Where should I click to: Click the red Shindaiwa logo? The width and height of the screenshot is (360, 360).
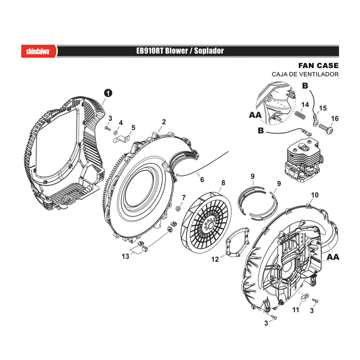click(39, 51)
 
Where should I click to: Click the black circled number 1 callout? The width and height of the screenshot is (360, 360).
click(108, 93)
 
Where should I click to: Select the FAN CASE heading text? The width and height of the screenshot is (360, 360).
click(319, 66)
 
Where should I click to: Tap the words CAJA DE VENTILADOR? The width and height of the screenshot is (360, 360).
click(305, 74)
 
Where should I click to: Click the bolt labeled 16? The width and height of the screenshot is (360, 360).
click(325, 127)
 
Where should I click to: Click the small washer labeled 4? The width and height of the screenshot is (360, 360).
click(116, 132)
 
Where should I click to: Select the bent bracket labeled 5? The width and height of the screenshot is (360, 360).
click(121, 139)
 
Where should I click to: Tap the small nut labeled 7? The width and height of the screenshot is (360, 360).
click(178, 209)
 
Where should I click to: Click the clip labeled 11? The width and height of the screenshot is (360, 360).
click(305, 297)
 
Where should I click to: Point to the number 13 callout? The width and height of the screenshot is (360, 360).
click(126, 256)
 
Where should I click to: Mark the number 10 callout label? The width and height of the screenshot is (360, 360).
click(315, 195)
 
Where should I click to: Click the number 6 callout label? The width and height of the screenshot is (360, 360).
click(202, 180)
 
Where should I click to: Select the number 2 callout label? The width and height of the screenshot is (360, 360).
click(164, 122)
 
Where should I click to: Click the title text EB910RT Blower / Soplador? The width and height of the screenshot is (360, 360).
click(180, 51)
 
